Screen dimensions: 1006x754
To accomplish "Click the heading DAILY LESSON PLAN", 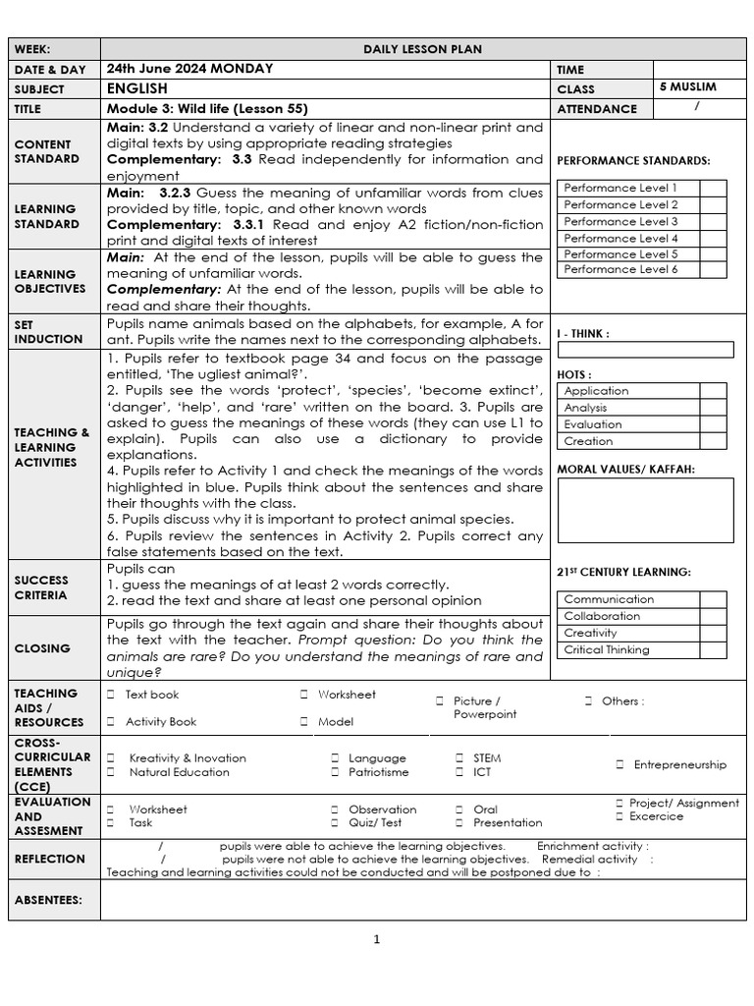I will [422, 49].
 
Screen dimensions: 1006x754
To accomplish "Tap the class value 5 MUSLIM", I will [688, 87].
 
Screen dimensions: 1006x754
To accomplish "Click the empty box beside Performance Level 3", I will [713, 222].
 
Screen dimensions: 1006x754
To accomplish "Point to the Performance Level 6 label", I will [620, 269].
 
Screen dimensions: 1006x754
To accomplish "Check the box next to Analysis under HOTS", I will [713, 408].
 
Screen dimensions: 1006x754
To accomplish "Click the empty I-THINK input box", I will [645, 350].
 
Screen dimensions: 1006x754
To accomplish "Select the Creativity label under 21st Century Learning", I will [590, 634].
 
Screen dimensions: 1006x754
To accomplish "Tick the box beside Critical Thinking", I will [713, 650].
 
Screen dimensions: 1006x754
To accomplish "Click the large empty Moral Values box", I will [645, 510].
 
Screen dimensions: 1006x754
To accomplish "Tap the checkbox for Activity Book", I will [111, 722].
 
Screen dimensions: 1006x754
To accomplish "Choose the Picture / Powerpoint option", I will [484, 707].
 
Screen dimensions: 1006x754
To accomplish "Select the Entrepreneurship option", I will [679, 764].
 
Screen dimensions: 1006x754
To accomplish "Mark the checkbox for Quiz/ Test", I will [335, 823].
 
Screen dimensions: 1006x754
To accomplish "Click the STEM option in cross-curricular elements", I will [486, 758].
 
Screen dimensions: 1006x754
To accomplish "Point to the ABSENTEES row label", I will [48, 900].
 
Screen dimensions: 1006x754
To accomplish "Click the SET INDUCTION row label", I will [48, 331].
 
